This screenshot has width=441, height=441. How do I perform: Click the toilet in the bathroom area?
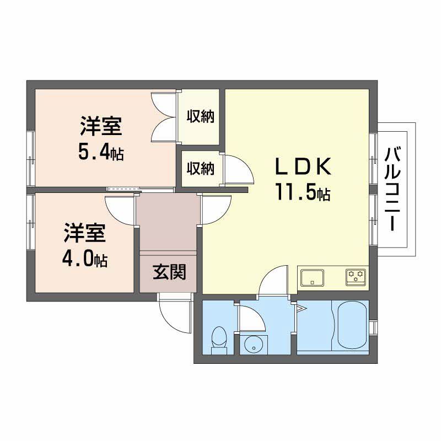click(219, 337)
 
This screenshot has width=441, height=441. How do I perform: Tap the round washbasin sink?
click(253, 345)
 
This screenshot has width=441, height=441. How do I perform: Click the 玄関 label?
click(168, 272)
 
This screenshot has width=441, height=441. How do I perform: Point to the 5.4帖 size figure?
click(100, 153)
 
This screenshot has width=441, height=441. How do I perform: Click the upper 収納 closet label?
click(200, 117)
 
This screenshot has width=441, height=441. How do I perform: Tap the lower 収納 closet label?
click(200, 168)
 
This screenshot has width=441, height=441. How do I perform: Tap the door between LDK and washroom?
click(273, 281)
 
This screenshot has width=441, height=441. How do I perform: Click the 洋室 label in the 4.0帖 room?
click(84, 233)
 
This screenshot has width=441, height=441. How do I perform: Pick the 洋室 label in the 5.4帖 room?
click(100, 127)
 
